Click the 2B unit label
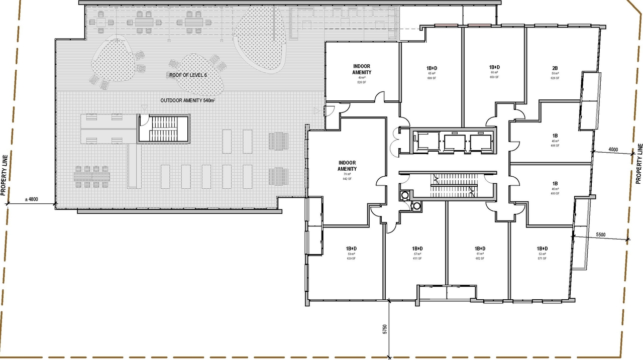pyautogui.click(x=555, y=67)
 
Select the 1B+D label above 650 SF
pyautogui.click(x=494, y=67)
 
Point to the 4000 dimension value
pyautogui.click(x=613, y=150)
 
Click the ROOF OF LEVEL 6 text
pyautogui.click(x=188, y=75)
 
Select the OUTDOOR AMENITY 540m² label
pyautogui.click(x=187, y=101)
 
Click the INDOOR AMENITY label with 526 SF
pyautogui.click(x=362, y=69)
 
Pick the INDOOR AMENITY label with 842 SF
pyautogui.click(x=347, y=166)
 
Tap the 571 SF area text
pyautogui.click(x=542, y=259)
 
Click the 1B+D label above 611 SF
pyautogui.click(x=417, y=249)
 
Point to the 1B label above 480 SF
pyautogui.click(x=555, y=184)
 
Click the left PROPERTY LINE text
pyautogui.click(x=4, y=174)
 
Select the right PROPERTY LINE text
pyautogui.click(x=639, y=163)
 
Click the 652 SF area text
pyautogui.click(x=480, y=259)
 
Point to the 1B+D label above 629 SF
pyautogui.click(x=351, y=249)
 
